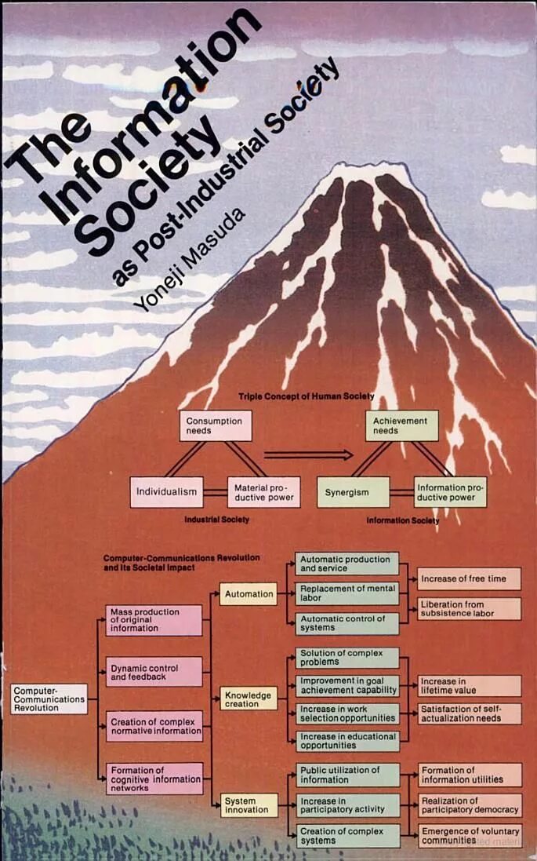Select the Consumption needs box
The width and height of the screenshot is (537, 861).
214,425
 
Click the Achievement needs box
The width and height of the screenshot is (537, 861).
401,425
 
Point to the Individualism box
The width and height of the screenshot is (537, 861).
166,492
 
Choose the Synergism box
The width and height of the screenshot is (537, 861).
353,492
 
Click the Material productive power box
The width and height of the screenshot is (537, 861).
264,492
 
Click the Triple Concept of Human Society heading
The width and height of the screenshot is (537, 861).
306,396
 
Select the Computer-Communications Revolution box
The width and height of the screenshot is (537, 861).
49,699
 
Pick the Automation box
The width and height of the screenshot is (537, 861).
248,594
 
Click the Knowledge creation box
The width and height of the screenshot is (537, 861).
248,699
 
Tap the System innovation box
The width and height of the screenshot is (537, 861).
248,804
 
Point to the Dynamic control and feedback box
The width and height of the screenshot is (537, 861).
154,672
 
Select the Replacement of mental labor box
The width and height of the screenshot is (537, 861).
347,593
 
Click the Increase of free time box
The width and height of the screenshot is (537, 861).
469,579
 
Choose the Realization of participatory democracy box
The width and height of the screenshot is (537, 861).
469,804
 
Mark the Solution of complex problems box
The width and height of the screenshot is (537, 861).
347,658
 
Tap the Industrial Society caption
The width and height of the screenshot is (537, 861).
216,520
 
